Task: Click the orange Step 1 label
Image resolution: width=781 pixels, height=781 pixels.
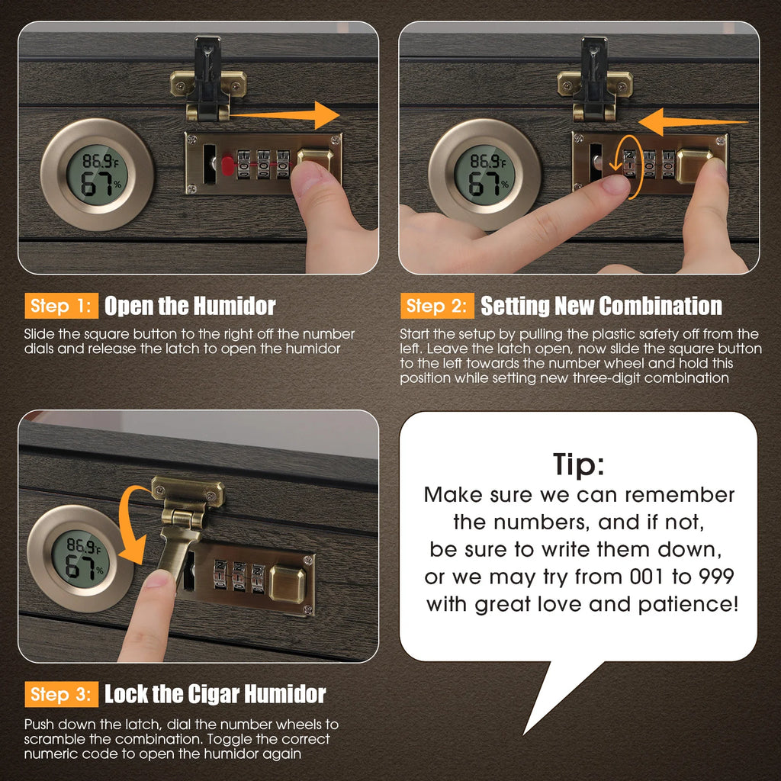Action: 61,306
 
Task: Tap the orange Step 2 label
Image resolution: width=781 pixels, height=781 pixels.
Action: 437,306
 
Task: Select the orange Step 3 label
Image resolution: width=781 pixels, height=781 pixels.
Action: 61,694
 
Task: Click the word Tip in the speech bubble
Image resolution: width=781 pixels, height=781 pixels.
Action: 579,465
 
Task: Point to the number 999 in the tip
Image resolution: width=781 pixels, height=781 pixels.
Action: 716,577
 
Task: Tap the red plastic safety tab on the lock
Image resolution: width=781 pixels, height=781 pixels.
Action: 227,166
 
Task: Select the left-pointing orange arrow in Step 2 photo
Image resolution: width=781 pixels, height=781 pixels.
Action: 693,121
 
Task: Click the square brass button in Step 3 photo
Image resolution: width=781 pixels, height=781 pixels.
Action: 288,583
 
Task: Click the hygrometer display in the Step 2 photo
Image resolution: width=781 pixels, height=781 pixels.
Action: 485,175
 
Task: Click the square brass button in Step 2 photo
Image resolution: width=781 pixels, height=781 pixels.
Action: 694,166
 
